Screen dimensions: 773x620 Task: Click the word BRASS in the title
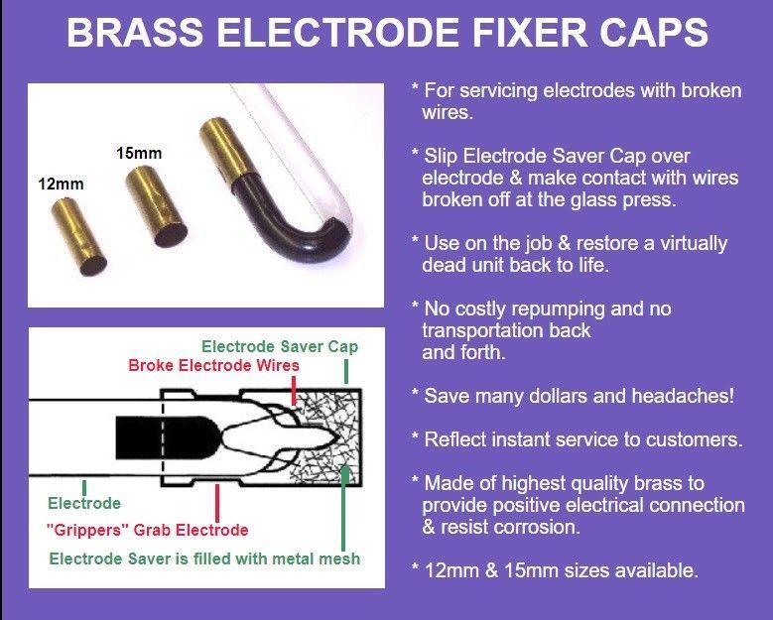point(135,33)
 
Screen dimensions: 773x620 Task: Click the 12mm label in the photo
point(62,185)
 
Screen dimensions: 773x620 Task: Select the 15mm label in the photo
point(139,154)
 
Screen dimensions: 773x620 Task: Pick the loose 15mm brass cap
point(156,206)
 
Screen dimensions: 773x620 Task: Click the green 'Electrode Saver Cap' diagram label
point(280,346)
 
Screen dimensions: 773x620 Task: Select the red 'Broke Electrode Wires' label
point(213,365)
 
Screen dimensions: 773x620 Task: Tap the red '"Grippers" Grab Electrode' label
point(147,530)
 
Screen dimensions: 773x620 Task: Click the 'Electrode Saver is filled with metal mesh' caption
point(204,558)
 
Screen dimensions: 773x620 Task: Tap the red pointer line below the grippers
point(217,503)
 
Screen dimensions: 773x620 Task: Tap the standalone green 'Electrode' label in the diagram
point(84,503)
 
